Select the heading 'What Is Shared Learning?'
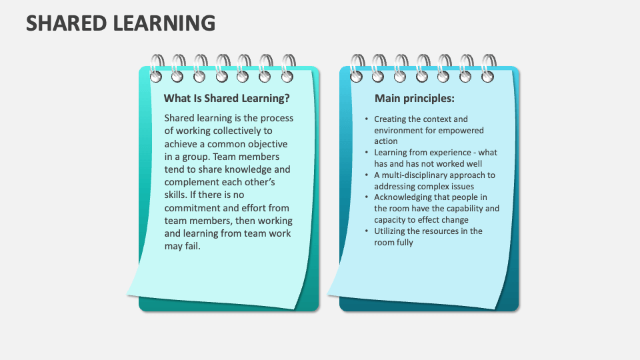tap(227, 99)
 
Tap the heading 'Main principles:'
tap(415, 99)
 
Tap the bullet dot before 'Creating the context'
tap(367, 119)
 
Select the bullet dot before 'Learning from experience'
tap(367, 153)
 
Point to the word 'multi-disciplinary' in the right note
tap(419, 175)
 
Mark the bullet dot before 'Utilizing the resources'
tap(367, 231)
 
